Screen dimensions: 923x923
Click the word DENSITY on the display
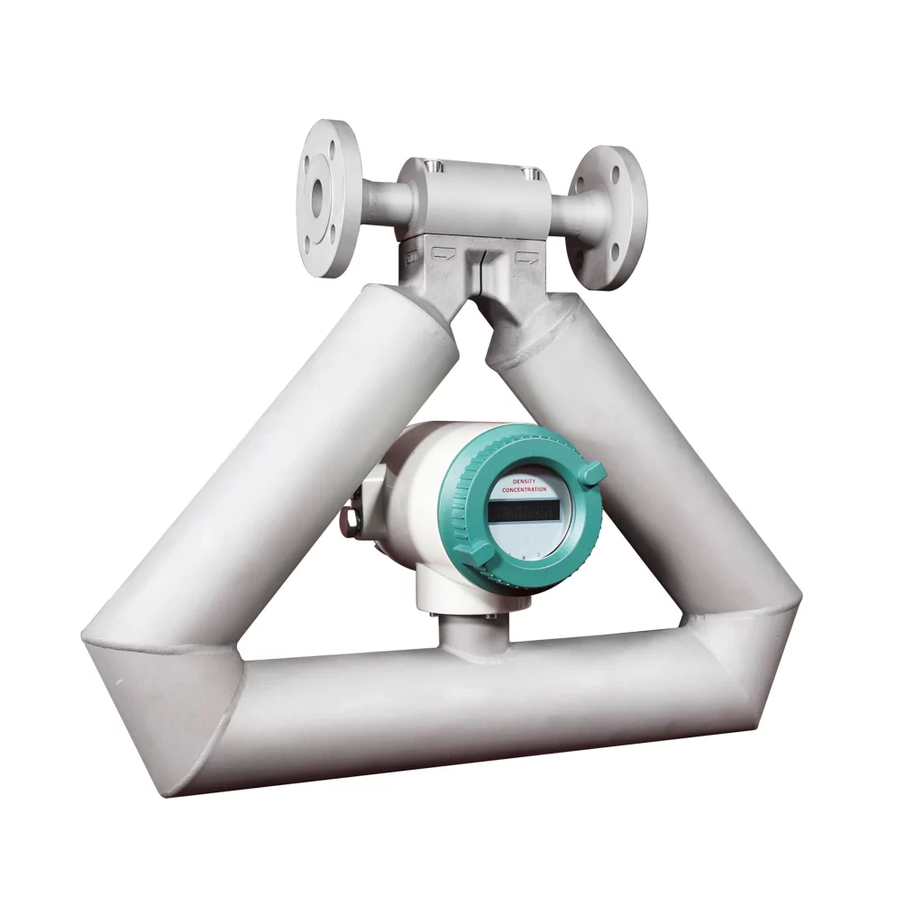524,481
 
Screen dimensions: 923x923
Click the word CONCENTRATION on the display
524,489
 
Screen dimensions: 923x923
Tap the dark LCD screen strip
524,510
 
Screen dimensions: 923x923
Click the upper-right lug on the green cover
591,471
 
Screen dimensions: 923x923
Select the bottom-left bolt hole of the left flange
309,242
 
